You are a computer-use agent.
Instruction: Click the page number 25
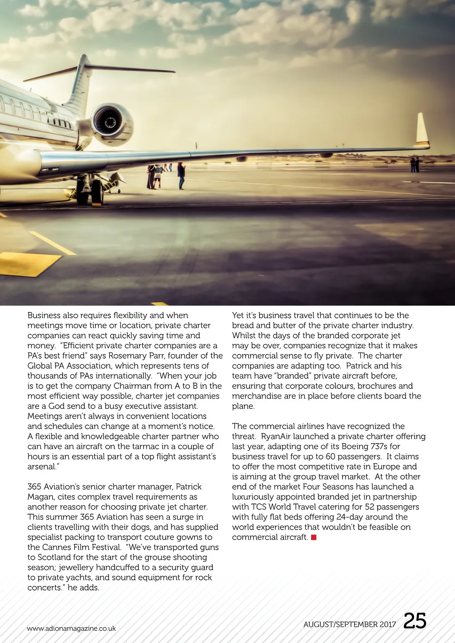[x=415, y=621]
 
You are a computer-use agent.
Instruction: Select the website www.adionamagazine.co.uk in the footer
[x=71, y=628]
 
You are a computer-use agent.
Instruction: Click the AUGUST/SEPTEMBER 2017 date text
[x=349, y=624]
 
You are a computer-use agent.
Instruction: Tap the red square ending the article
[x=314, y=537]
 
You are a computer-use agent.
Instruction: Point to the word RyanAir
[x=275, y=436]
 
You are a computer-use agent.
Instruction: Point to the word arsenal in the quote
[x=42, y=467]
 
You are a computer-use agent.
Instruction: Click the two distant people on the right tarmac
[x=415, y=165]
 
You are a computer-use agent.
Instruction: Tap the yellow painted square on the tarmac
[x=27, y=263]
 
